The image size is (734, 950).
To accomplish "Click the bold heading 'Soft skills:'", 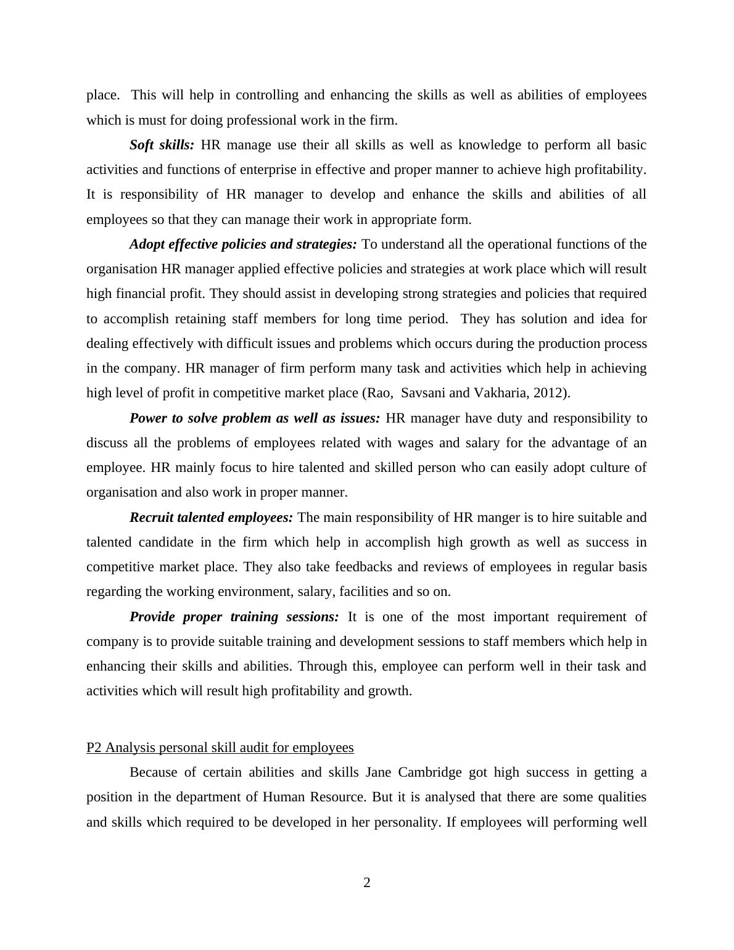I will (x=162, y=145).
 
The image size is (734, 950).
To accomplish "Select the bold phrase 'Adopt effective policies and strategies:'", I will (x=243, y=244).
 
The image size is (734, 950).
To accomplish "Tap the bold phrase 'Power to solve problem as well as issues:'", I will (x=255, y=418).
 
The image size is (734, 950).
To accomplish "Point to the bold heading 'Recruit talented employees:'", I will (x=211, y=518).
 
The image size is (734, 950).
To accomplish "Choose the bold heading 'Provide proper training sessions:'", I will (x=234, y=617).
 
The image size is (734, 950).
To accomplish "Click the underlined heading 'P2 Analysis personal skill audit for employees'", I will (x=220, y=748).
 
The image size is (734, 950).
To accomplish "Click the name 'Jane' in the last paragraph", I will (x=379, y=772).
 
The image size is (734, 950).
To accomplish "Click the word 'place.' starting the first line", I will (x=103, y=95).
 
